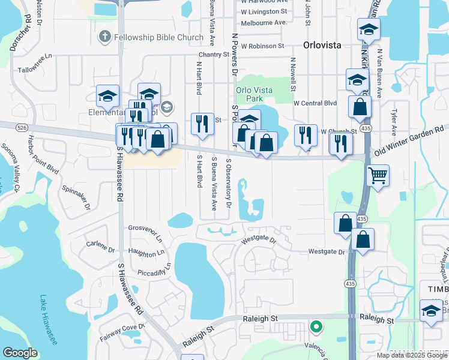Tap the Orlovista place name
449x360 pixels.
322,44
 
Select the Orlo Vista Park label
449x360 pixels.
254,94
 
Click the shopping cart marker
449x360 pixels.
378,176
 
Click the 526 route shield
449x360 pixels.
22,128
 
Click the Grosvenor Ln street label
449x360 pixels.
146,232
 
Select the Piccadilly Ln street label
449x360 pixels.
153,272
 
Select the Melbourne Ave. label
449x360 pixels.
264,23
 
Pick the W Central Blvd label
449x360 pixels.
315,103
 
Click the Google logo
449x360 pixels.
20,352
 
